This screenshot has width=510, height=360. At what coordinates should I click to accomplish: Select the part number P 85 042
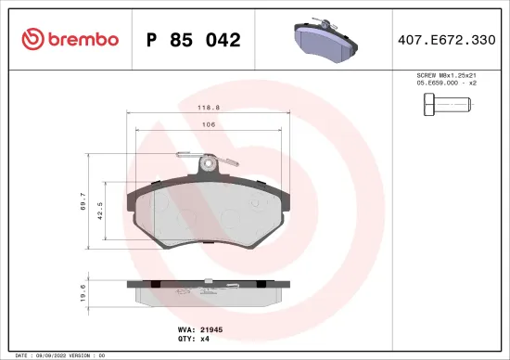[194, 40]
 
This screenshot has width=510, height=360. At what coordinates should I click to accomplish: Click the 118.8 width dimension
[208, 108]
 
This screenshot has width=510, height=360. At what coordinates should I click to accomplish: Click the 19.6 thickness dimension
[84, 292]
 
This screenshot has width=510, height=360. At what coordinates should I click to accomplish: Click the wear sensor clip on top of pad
[211, 165]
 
